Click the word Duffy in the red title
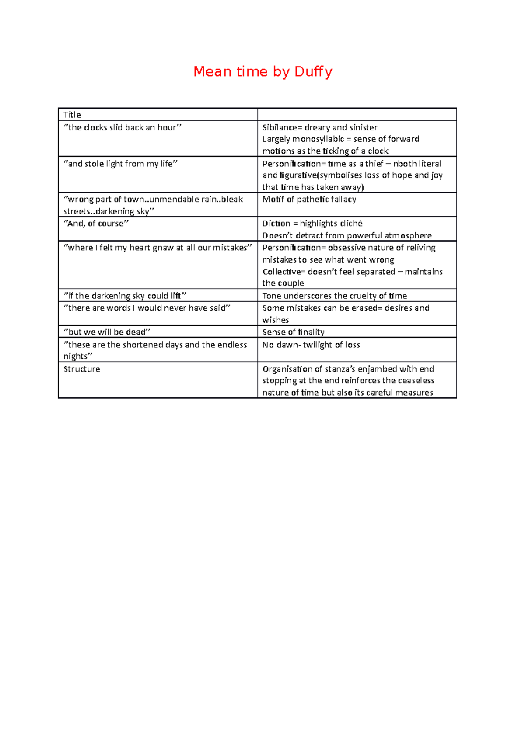coord(313,71)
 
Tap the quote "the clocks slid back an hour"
coord(122,127)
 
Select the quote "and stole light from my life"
coord(121,164)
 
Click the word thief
coord(374,164)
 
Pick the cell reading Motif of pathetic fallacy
coord(309,200)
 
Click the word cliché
coord(350,224)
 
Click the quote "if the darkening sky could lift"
coord(125,296)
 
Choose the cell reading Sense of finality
coord(294,332)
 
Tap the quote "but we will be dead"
coord(107,332)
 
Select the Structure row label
coord(82,369)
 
